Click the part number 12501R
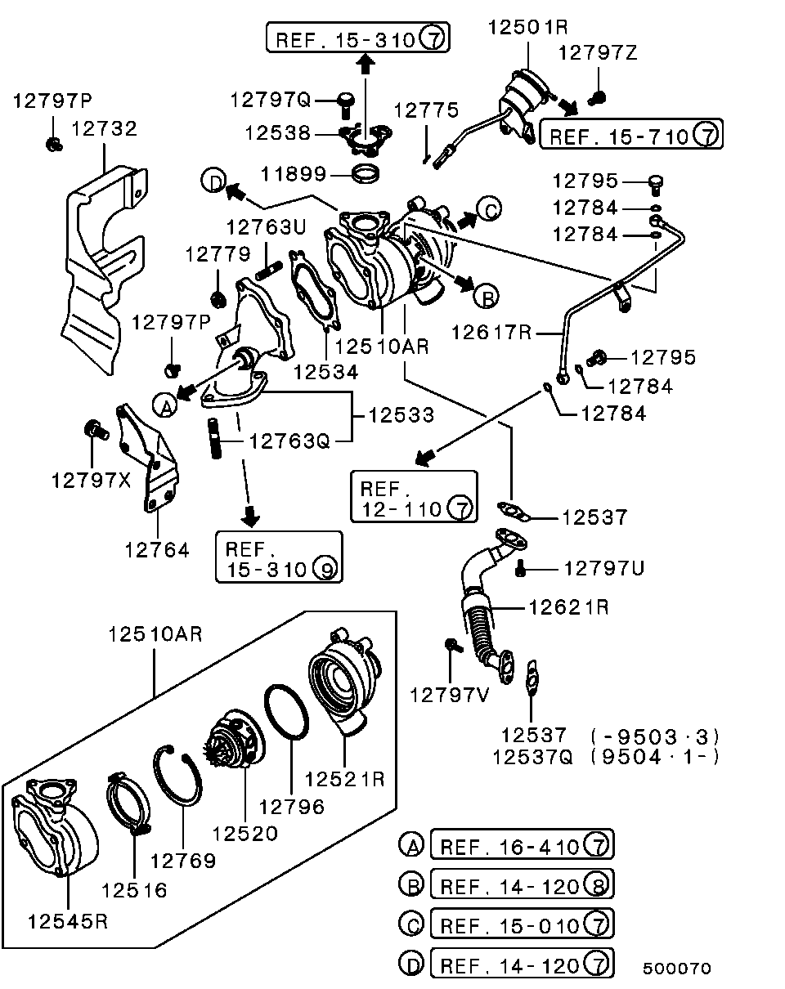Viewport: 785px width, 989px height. [x=527, y=26]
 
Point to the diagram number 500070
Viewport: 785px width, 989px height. [x=676, y=969]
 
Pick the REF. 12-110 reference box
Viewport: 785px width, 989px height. [x=414, y=497]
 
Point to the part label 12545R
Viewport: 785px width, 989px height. [x=68, y=921]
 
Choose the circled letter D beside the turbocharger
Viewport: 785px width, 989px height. [x=213, y=180]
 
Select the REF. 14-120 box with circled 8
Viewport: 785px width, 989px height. [x=522, y=884]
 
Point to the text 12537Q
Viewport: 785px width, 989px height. [x=532, y=756]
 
